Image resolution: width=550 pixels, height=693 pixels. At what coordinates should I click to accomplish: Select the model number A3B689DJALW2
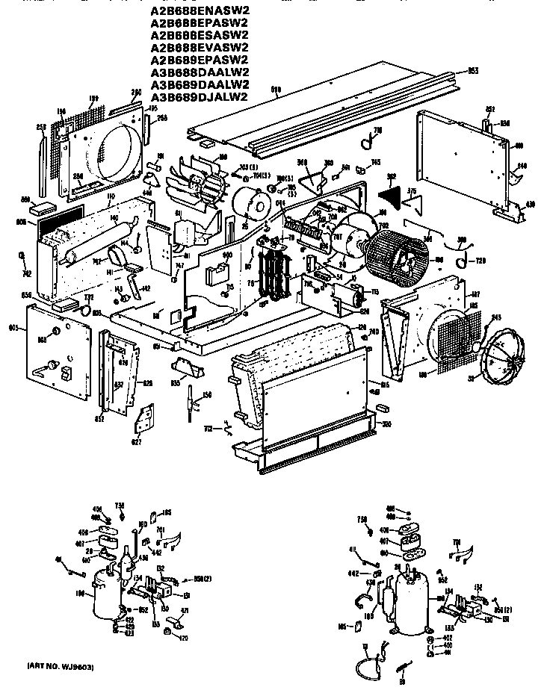200,96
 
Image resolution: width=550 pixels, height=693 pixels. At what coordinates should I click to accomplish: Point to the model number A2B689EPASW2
200,60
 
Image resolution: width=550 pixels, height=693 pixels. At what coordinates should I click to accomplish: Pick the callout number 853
472,71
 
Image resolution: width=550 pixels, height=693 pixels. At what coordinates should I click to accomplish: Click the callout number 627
140,441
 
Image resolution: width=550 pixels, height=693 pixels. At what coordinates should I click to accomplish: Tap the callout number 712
208,429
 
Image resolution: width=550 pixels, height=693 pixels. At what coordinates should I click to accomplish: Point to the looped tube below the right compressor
368,665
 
